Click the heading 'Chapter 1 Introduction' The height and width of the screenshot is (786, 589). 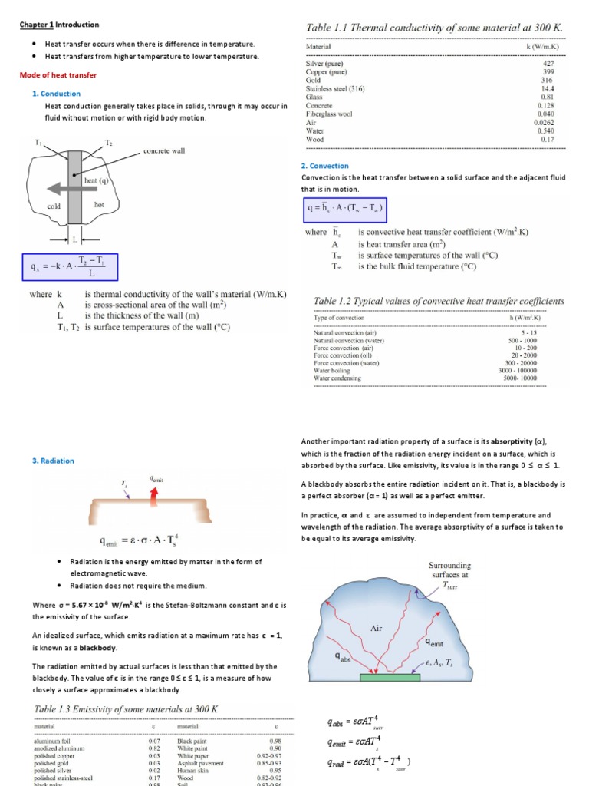tap(59, 25)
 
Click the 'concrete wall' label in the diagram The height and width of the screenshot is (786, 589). tap(164, 151)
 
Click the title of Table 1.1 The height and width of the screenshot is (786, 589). tap(435, 28)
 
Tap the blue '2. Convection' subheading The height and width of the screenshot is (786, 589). tap(324, 166)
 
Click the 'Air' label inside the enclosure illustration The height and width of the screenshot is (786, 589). tap(377, 627)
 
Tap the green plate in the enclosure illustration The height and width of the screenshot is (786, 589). tap(390, 677)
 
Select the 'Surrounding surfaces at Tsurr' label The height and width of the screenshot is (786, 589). tap(449, 573)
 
